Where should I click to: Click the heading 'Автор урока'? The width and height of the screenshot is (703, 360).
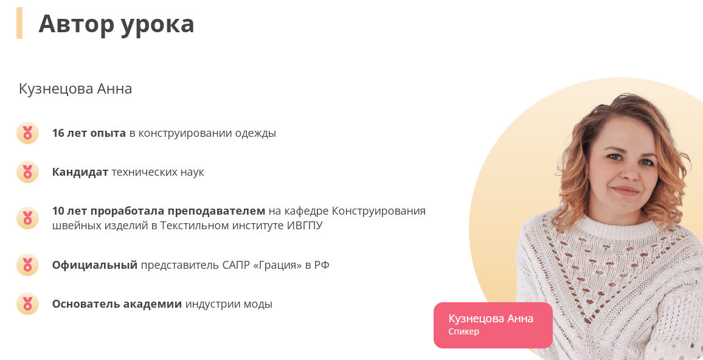coord(116,24)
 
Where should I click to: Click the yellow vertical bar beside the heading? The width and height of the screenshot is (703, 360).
coord(19,23)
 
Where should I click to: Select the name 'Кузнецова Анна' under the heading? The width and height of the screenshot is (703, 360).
coord(75,89)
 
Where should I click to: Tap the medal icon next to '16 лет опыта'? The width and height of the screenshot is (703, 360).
coord(27,133)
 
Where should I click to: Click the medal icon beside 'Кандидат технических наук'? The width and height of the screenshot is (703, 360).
coord(27,172)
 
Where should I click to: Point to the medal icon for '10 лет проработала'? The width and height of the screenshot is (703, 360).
coord(27,218)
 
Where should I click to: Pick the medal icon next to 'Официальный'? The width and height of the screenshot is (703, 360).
coord(27,265)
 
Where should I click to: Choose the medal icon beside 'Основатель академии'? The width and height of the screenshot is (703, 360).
coord(27,304)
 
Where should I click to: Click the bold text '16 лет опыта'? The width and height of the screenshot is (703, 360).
coord(89,133)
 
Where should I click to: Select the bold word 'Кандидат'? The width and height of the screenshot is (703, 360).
coord(80,172)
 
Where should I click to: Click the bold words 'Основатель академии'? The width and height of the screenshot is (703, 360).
coord(117,304)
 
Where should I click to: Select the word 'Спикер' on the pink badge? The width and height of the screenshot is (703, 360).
coord(463,331)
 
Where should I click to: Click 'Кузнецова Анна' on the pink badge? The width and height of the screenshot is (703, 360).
coord(491,319)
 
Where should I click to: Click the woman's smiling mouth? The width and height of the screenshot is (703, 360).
coord(626,191)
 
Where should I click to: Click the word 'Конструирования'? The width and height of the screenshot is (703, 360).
coord(379,211)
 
